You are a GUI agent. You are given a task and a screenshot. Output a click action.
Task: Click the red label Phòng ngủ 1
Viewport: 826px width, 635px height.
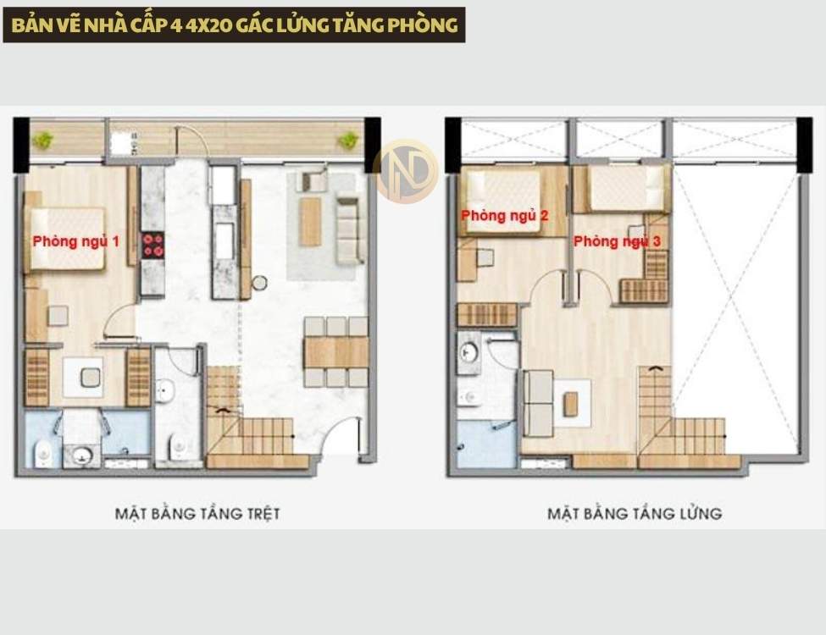[76, 241]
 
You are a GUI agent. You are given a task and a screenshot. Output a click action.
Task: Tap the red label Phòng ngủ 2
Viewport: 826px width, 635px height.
[505, 215]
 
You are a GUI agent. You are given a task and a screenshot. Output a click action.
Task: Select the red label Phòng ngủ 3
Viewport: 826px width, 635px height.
[617, 241]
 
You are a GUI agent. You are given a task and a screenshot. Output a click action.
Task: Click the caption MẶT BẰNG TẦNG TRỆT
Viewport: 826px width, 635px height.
[197, 513]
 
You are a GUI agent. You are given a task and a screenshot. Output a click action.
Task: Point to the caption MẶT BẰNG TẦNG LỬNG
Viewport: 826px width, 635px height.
[635, 513]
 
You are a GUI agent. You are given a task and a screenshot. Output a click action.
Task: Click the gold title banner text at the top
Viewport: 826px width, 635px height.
[235, 25]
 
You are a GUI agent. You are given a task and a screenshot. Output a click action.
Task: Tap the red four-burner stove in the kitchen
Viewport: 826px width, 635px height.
[152, 246]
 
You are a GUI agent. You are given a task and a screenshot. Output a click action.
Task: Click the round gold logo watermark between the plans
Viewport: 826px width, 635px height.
[406, 171]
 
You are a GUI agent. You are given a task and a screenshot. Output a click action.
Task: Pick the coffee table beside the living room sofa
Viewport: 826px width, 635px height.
[310, 221]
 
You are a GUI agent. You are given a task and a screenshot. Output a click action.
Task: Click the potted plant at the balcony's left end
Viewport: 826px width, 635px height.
[41, 140]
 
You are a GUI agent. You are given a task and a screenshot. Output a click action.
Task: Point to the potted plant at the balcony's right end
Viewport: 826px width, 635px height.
[347, 140]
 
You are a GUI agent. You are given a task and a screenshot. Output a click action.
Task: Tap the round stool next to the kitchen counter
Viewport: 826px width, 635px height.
[259, 283]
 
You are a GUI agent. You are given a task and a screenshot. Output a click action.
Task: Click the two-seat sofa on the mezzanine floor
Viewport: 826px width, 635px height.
[538, 403]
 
